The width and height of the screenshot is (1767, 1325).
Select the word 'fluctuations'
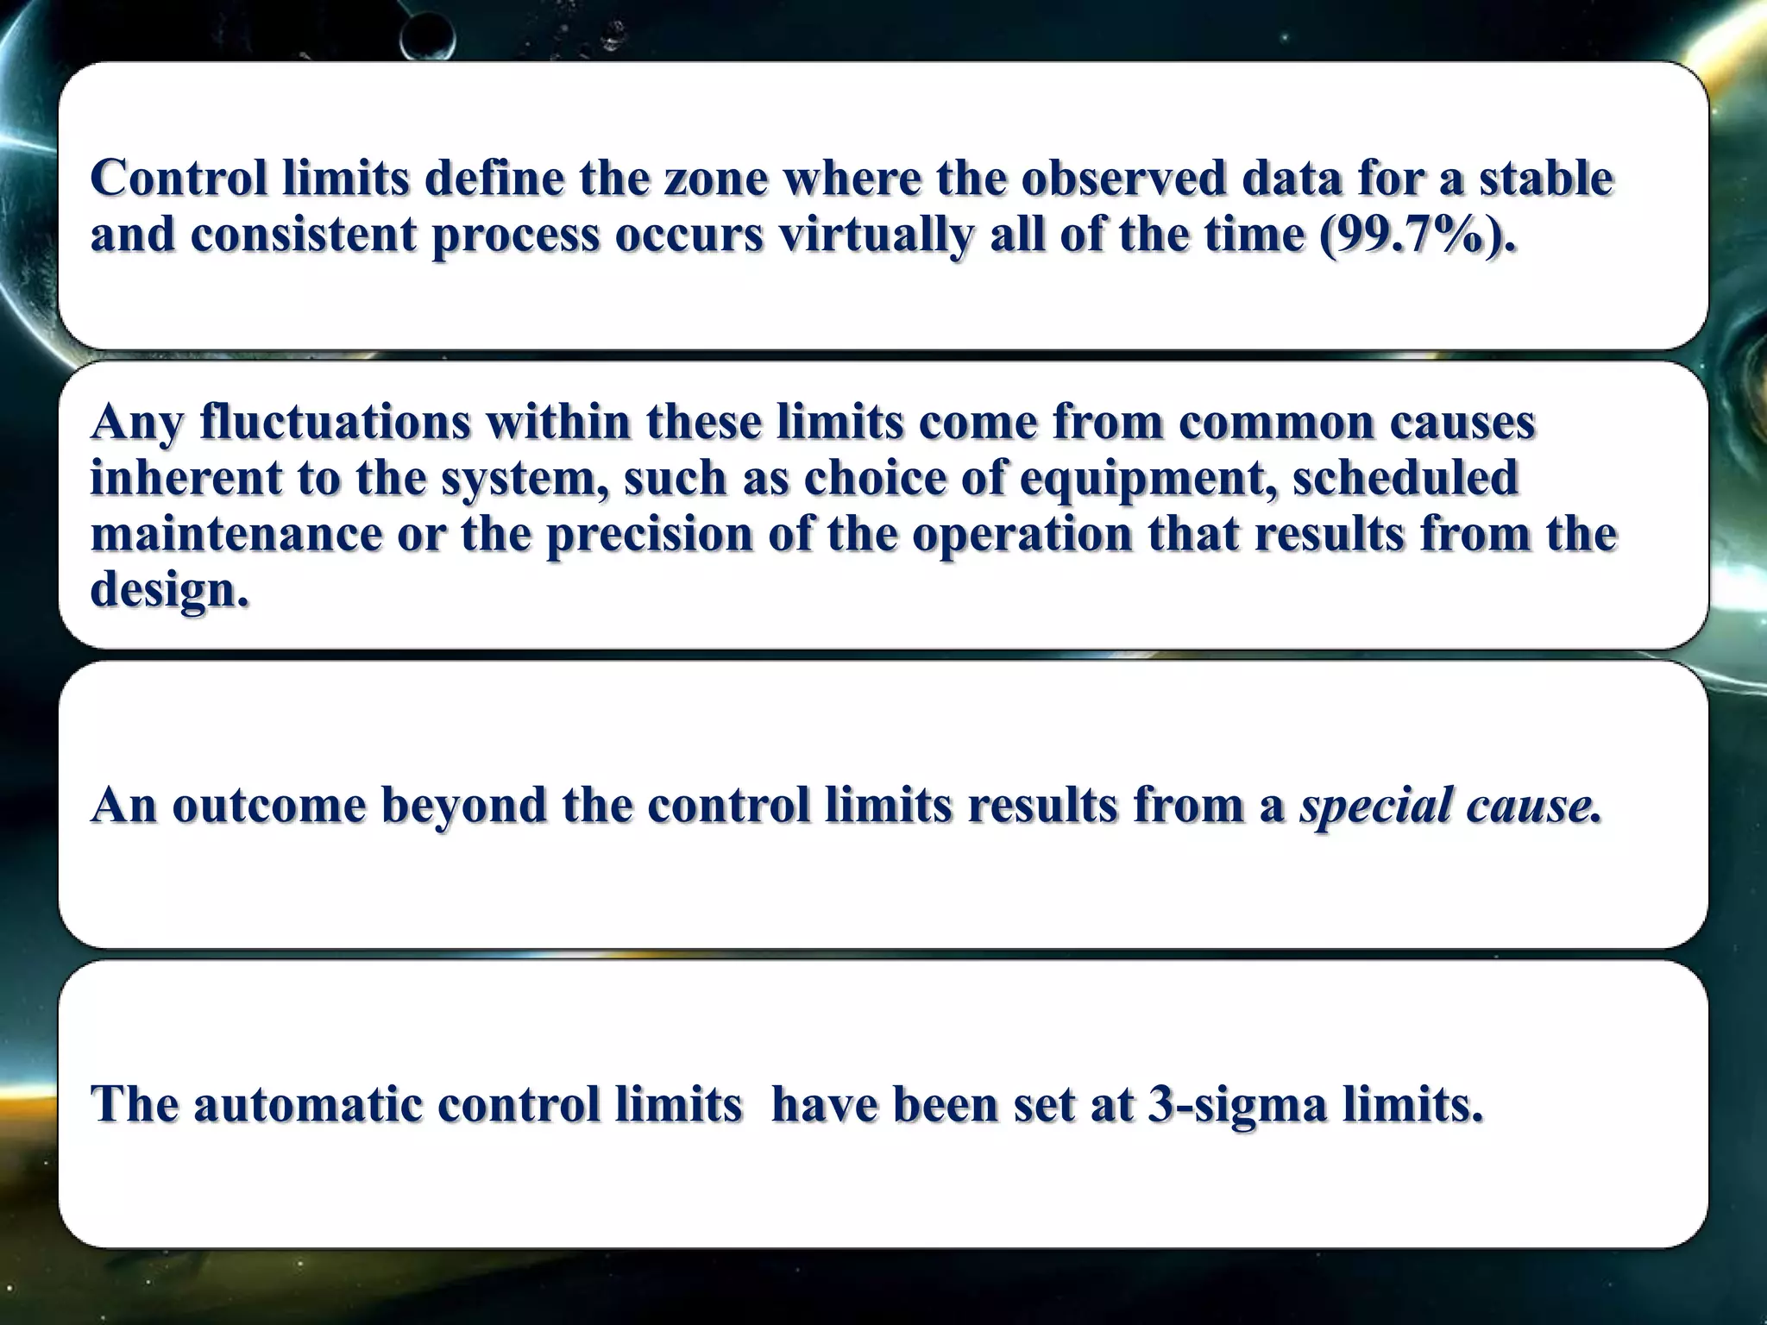pyautogui.click(x=335, y=423)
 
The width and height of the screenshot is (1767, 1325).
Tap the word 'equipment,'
pyautogui.click(x=1148, y=480)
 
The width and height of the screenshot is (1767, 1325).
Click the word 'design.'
pyautogui.click(x=170, y=590)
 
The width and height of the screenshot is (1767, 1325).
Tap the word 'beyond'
pyautogui.click(x=464, y=807)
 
